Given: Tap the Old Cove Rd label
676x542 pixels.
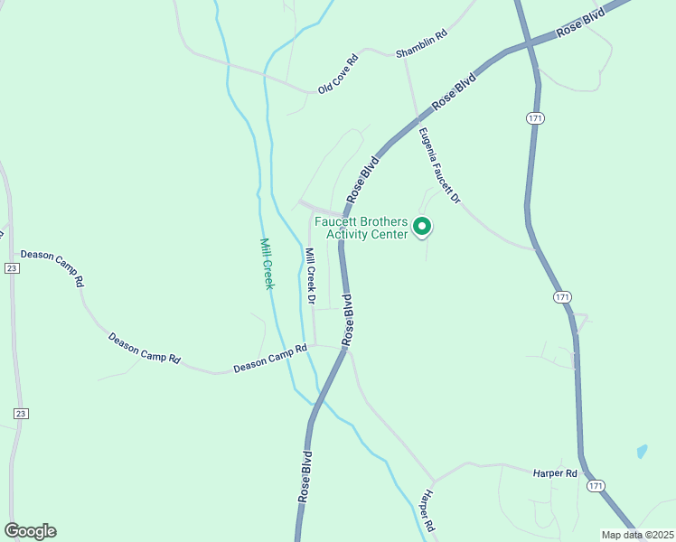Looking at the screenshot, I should pos(338,74).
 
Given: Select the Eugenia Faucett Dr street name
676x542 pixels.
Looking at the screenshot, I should pos(440,165).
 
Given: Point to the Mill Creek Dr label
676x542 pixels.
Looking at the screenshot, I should pos(310,276).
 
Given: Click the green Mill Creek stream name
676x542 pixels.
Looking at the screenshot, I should pos(267,264).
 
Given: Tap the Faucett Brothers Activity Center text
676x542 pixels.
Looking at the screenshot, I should pos(361,228).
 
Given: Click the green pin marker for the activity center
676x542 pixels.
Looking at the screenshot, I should pos(421,227).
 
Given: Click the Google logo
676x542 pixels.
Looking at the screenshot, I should pos(30,530).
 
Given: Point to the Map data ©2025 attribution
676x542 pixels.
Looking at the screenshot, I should pos(636,535).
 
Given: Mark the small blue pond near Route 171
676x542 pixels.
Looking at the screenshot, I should pos(642,451).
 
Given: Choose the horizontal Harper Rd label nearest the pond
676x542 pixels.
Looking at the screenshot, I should pos(555,472).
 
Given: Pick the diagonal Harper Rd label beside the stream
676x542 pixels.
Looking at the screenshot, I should pos(427,511).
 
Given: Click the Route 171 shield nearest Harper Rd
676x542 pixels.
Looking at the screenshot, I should pos(595,486).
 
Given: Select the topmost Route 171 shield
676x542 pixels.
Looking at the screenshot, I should pos(536,118).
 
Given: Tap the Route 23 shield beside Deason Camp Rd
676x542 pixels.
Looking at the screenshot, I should pos(11,268).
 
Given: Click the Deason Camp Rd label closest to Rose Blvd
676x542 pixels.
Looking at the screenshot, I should pos(270,359).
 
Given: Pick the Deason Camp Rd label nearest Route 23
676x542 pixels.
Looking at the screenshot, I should pos(52,267).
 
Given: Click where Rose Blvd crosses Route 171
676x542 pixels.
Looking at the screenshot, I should pos(530,42).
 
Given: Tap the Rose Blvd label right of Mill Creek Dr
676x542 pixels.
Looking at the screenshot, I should pos(347,320).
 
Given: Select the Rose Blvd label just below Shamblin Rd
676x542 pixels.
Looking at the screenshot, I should pos(454,92).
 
